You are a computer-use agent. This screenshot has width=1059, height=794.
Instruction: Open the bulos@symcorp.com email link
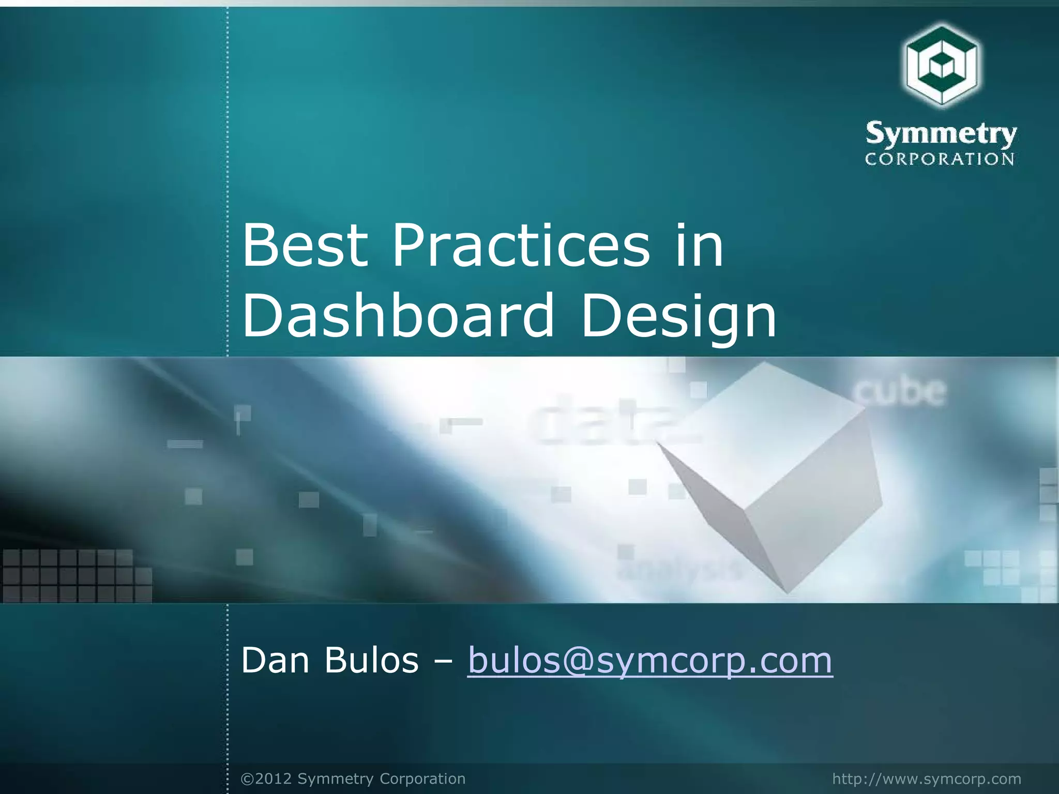650,661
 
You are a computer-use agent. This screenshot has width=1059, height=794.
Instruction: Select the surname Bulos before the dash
371,661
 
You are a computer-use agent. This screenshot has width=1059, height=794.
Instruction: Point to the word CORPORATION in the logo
940,159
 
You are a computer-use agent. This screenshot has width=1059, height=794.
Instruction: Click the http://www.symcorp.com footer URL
927,778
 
